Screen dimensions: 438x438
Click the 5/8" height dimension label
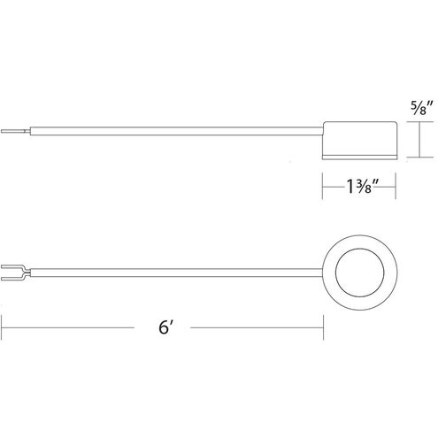point(422,108)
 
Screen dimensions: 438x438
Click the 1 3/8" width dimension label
point(362,187)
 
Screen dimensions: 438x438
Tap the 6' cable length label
point(165,327)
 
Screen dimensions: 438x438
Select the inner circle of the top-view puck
point(360,273)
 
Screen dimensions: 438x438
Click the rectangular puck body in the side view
point(359,138)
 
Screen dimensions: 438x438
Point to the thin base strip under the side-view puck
point(359,158)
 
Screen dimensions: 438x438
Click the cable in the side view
point(176,131)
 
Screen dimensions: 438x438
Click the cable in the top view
point(176,273)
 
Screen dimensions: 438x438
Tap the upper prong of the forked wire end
point(11,266)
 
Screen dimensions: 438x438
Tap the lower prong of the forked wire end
point(11,279)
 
